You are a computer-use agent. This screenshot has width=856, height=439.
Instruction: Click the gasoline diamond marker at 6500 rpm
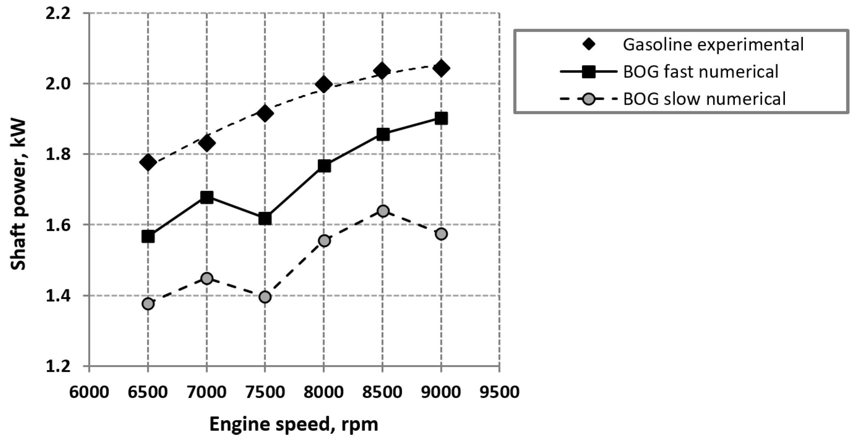coord(148,162)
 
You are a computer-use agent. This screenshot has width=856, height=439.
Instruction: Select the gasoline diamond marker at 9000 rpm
coord(441,69)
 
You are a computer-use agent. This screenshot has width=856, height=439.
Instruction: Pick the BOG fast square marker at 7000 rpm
coord(206,198)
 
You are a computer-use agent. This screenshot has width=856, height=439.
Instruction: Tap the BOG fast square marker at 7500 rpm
coord(265,219)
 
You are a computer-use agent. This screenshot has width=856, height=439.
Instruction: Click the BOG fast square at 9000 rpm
coord(441,118)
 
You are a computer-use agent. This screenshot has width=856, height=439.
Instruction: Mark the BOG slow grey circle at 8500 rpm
coord(383,211)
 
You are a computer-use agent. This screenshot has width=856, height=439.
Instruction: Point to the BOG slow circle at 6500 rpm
coord(148,304)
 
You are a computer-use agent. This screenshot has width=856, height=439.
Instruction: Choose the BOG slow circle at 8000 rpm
coord(324,241)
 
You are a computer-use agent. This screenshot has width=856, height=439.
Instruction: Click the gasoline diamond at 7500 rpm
coord(265,113)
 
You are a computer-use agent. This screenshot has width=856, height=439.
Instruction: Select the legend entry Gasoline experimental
coord(713,45)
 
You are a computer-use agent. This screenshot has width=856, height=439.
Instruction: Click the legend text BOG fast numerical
coord(700,72)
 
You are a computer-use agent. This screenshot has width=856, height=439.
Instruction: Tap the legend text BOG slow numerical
coord(704,99)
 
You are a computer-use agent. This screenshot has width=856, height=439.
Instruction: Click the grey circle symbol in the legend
coord(589,99)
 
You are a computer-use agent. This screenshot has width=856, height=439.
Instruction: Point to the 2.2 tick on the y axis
coord(58,14)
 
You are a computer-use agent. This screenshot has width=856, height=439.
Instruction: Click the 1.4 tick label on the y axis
coord(58,296)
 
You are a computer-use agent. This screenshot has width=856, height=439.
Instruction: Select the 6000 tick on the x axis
coord(89,392)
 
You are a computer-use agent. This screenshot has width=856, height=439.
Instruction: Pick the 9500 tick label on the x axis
coord(499,392)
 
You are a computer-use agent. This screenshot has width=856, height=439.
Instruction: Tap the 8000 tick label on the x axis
coord(324,392)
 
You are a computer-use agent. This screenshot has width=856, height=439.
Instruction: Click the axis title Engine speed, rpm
coord(294,424)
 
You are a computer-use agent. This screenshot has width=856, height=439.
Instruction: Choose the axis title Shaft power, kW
coord(18,195)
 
